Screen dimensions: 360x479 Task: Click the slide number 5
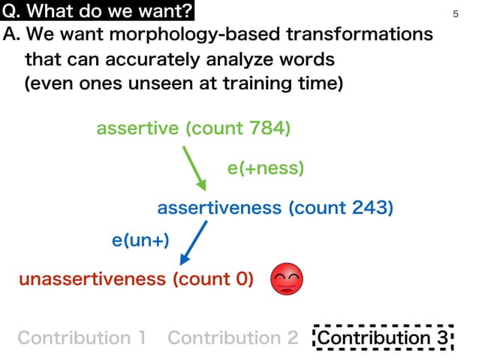point(456,14)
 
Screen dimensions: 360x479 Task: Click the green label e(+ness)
point(266,168)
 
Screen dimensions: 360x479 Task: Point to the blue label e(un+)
point(140,241)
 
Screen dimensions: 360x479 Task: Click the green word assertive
point(138,129)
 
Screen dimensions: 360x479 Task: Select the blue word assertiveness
point(220,207)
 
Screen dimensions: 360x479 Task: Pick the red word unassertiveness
point(92,280)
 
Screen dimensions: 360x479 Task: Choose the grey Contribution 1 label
point(81,338)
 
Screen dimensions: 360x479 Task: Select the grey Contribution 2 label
point(233,338)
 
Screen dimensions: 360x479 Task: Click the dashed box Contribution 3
point(384,338)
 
